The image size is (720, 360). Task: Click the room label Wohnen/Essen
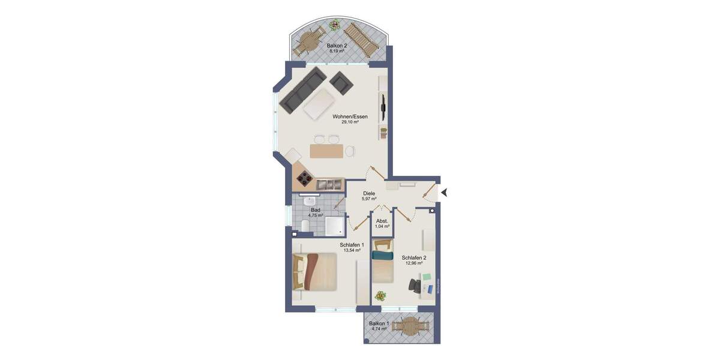point(350,116)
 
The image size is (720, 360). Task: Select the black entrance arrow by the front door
point(445,192)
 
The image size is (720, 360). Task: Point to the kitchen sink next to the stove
point(328,184)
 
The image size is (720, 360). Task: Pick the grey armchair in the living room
point(341,83)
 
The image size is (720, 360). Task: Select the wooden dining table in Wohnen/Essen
point(327,151)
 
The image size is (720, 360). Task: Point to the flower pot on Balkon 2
point(334,26)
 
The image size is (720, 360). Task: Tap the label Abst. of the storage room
point(382,221)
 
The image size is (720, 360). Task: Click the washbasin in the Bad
point(310,202)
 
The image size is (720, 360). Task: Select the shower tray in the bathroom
point(334,225)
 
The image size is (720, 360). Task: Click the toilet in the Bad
point(305,226)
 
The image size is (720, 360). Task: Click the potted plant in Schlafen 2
point(379,295)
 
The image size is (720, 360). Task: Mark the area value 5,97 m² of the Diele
point(369,199)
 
